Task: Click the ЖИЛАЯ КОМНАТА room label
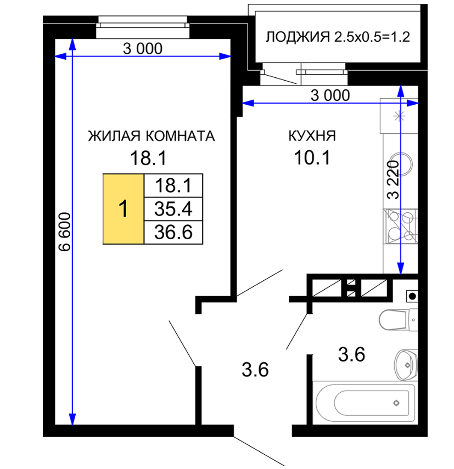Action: tap(151, 136)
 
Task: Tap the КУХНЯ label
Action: tap(312, 136)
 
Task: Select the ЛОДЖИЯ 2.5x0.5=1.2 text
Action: tap(338, 37)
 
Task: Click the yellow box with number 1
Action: tap(124, 209)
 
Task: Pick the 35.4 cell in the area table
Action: tap(173, 209)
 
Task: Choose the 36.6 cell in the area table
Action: tap(173, 233)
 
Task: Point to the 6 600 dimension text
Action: tap(65, 232)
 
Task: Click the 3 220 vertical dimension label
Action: tap(393, 180)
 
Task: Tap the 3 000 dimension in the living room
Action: tap(143, 49)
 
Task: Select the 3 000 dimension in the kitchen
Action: tap(330, 95)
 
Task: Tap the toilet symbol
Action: tap(398, 320)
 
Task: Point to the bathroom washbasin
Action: tap(406, 365)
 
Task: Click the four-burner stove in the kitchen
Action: tap(400, 226)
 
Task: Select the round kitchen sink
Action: tap(402, 164)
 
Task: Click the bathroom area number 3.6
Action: tap(352, 355)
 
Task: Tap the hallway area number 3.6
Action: tap(255, 370)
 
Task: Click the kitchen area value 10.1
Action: tap(312, 157)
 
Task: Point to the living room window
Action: tap(143, 27)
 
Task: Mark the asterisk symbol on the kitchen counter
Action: tap(399, 116)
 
